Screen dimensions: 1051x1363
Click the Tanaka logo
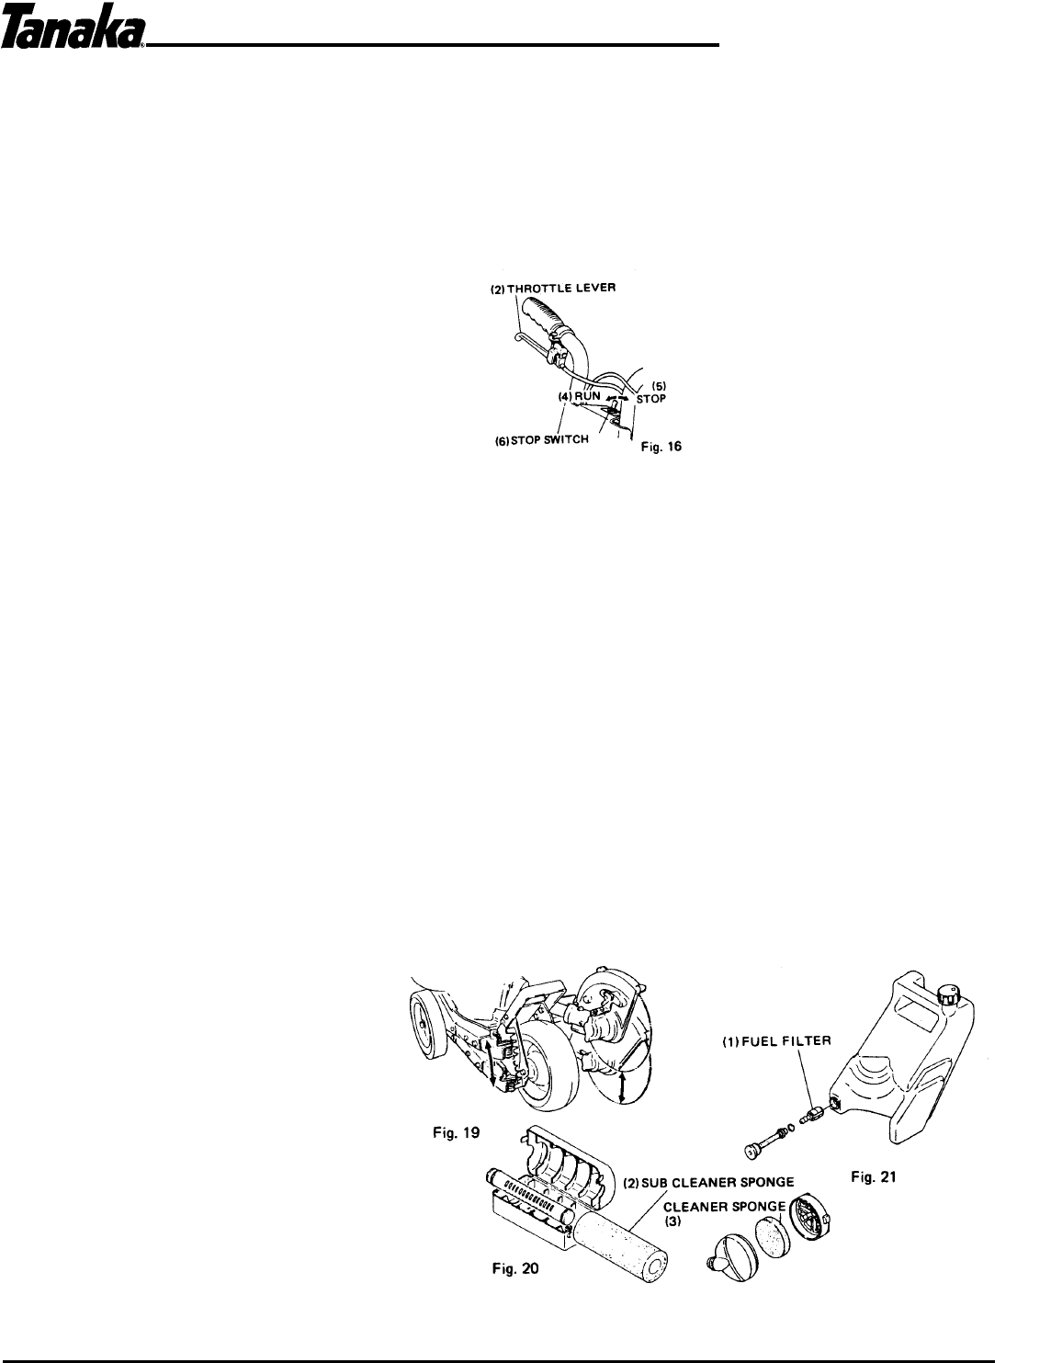tap(73, 34)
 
